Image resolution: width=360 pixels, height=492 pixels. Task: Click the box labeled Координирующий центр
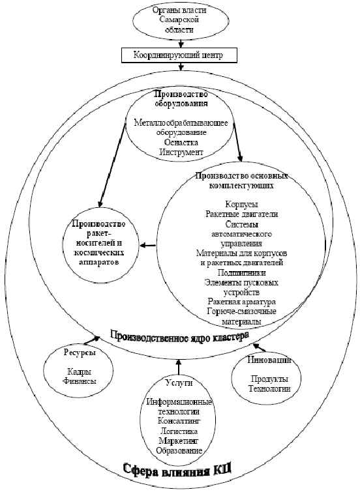178,55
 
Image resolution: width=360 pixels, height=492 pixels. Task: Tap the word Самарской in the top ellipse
179,20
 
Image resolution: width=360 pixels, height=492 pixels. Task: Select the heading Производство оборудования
181,99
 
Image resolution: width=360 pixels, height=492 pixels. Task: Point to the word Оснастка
181,142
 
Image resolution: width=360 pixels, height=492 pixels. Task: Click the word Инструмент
181,152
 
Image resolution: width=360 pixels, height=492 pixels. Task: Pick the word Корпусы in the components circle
241,204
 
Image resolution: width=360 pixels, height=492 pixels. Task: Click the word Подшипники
241,272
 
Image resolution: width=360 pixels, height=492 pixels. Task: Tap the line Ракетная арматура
241,302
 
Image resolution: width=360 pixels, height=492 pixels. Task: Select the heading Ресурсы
80,353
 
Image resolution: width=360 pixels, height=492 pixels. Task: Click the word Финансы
80,381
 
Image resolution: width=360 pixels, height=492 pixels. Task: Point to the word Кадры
80,372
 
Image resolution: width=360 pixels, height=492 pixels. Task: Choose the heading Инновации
269,360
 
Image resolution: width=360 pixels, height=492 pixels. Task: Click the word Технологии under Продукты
269,388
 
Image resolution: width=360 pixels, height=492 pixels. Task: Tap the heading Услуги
179,382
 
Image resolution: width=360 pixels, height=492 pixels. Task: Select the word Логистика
179,431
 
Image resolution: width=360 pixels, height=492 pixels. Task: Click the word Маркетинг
179,441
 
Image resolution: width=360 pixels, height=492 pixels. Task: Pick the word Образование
179,451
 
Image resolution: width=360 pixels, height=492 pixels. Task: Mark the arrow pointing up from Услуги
179,367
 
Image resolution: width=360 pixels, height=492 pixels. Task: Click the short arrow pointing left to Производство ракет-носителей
147,245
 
